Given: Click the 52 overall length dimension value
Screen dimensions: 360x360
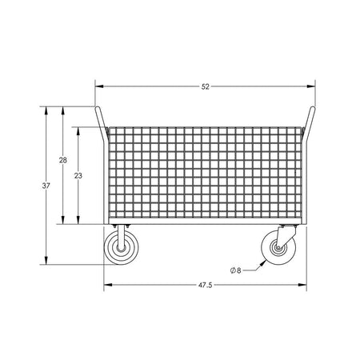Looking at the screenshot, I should tap(206, 86).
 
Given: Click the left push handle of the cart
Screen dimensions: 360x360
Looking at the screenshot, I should tap(100, 124).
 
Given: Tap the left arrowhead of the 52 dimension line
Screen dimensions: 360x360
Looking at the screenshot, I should tap(99, 86).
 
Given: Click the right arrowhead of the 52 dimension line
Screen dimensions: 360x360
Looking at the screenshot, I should tap(313, 86).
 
